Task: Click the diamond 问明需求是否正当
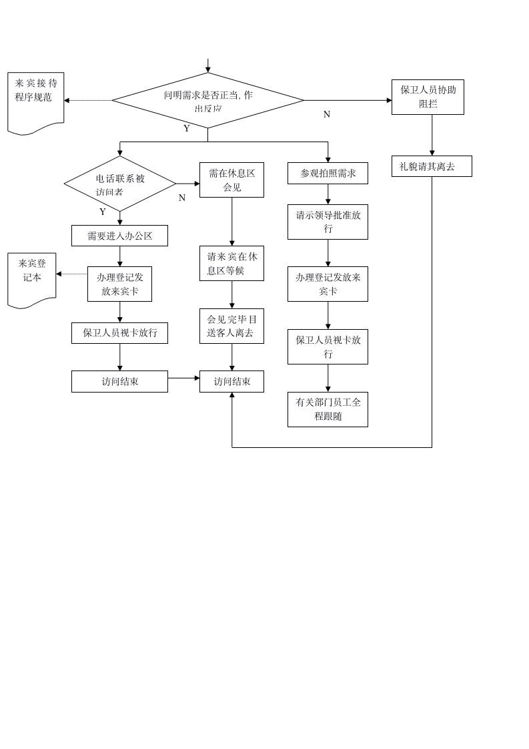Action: click(x=207, y=100)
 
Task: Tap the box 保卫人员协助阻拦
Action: click(x=428, y=97)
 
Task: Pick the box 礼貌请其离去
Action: click(x=432, y=166)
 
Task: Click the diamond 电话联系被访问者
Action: click(x=120, y=184)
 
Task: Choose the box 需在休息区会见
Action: click(x=231, y=180)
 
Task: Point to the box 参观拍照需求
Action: click(x=328, y=173)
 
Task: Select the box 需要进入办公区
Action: click(x=119, y=236)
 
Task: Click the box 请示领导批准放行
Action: click(x=328, y=222)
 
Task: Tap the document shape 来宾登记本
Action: click(x=32, y=278)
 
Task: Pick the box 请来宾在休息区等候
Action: click(x=231, y=263)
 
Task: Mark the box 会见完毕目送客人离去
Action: click(x=231, y=326)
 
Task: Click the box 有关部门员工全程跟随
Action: click(x=328, y=409)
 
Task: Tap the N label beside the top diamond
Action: click(x=327, y=115)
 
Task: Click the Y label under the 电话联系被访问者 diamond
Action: click(x=103, y=212)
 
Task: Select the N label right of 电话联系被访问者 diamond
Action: click(x=182, y=198)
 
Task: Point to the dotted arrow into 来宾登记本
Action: click(x=71, y=274)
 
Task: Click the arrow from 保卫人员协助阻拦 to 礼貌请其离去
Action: click(x=432, y=135)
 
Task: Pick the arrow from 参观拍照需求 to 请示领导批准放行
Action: click(x=328, y=194)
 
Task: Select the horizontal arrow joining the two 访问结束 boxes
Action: click(x=183, y=378)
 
